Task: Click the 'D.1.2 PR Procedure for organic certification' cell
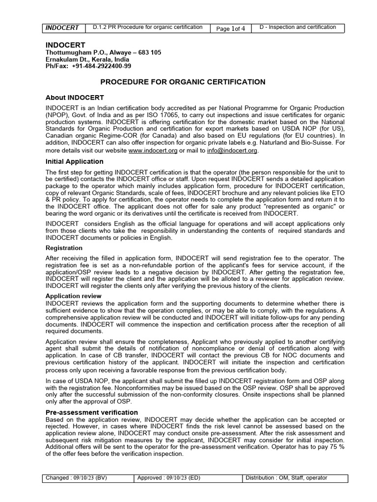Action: [x=148, y=27]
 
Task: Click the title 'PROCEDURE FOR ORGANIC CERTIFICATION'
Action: [x=183, y=82]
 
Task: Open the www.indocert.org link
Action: [x=153, y=151]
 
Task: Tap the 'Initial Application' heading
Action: [x=74, y=161]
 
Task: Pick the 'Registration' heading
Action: [x=64, y=248]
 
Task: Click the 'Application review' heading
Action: [x=74, y=296]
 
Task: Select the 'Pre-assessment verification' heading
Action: [x=92, y=412]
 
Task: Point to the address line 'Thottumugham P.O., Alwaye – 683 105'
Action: [x=103, y=52]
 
